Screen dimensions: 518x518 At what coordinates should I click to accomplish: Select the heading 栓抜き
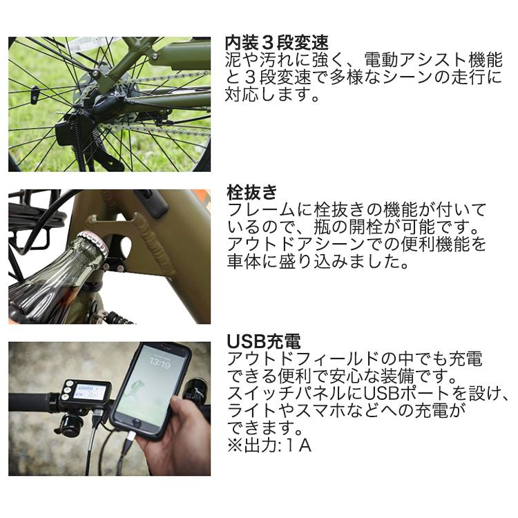pos(251,192)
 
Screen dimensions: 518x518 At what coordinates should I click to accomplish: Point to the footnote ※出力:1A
pos(269,445)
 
